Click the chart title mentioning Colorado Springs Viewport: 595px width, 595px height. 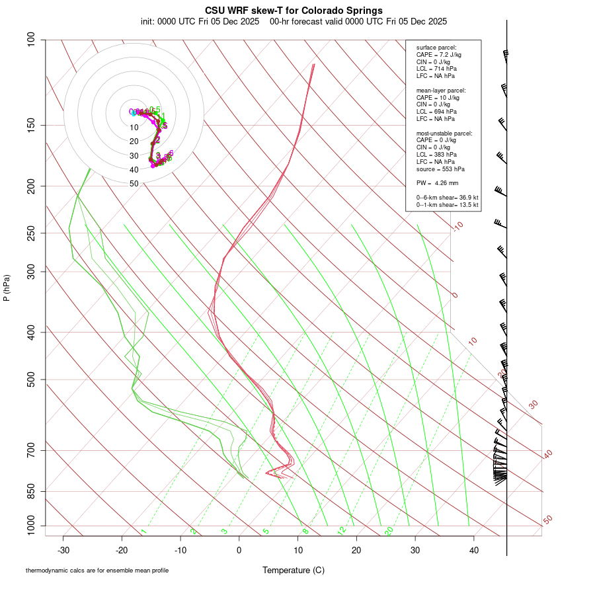[x=294, y=11]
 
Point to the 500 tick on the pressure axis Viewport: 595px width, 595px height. [x=30, y=379]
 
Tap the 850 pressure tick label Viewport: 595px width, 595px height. [x=30, y=491]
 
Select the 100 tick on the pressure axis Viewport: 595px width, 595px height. [x=30, y=40]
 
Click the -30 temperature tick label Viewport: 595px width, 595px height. [x=63, y=549]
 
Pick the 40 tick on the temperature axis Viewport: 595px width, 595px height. [x=473, y=549]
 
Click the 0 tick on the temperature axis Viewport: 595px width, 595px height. [x=239, y=549]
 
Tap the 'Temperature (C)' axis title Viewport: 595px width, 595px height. [x=294, y=570]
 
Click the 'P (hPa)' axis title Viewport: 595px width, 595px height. [x=7, y=288]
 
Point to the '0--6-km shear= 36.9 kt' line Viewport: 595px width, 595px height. [x=447, y=198]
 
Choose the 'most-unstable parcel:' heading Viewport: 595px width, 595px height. [x=440, y=133]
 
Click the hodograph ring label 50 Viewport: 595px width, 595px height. [x=134, y=184]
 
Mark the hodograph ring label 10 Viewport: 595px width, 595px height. [x=134, y=128]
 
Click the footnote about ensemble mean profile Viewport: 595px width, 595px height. [x=97, y=570]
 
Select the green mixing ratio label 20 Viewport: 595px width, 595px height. [x=389, y=531]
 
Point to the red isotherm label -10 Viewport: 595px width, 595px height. [x=457, y=226]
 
